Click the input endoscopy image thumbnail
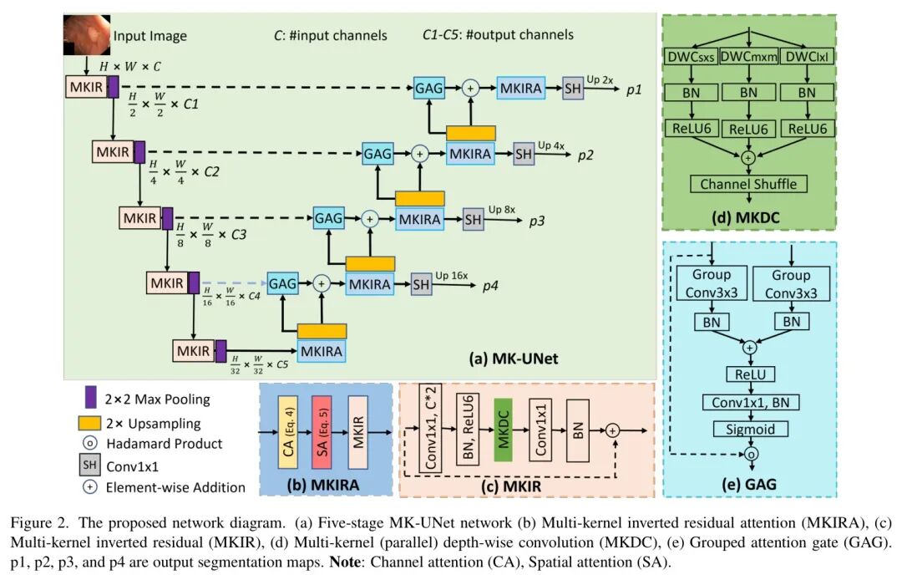[x=86, y=33]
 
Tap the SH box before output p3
[x=473, y=219]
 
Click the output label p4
[x=491, y=287]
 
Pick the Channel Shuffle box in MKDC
[x=748, y=184]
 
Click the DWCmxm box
[x=747, y=57]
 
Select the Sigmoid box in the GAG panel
[x=749, y=429]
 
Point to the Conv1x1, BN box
[x=749, y=402]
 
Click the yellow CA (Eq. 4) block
[x=288, y=431]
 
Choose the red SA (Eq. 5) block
[x=322, y=431]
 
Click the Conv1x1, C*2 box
[x=430, y=431]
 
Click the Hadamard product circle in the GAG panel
[x=749, y=455]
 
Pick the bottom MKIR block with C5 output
[x=194, y=351]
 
